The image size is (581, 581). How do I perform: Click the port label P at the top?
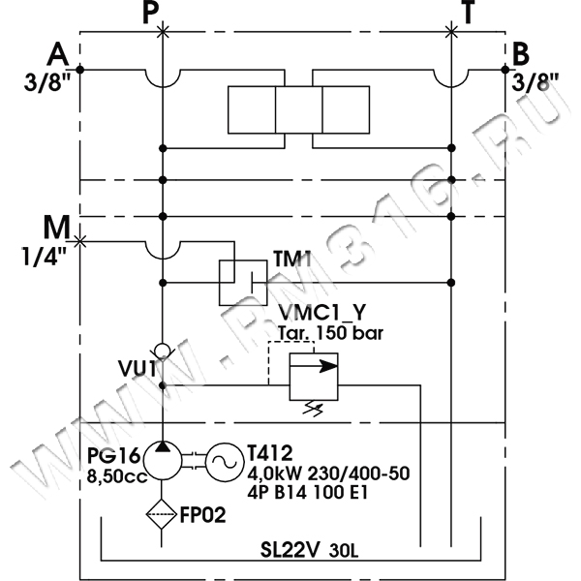tap(148, 14)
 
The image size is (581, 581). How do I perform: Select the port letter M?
tap(55, 230)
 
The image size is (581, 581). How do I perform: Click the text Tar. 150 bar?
tap(329, 334)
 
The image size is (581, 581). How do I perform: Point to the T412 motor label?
tap(269, 454)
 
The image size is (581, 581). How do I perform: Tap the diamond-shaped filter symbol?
tap(162, 514)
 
